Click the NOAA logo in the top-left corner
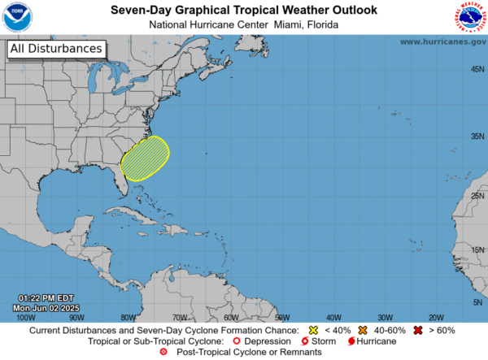(17, 17)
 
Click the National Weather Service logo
(470, 17)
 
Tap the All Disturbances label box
(57, 49)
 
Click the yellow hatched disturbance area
(145, 158)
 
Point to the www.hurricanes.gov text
(443, 41)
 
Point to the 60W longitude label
(230, 317)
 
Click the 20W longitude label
(436, 317)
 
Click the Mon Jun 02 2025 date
(48, 307)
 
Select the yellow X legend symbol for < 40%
(314, 331)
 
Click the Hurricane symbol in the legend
(350, 341)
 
